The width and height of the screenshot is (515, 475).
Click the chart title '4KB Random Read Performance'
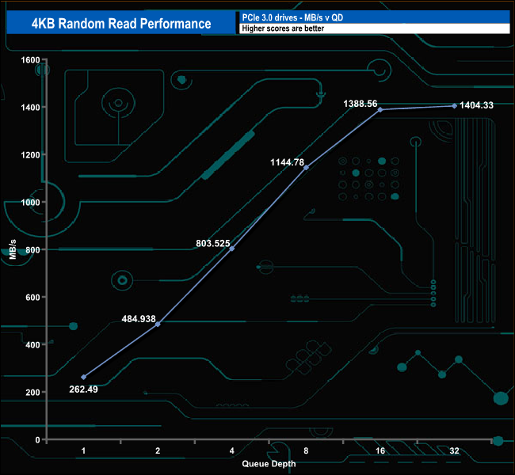coord(121,24)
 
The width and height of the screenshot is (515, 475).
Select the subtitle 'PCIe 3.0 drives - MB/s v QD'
coord(292,17)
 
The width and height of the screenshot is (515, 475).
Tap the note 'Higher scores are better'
coord(283,28)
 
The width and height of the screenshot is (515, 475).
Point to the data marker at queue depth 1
coord(83,377)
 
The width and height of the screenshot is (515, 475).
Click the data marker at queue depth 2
coord(158,324)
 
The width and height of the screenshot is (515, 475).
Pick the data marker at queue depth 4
coord(232,249)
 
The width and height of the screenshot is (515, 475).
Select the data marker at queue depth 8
coord(306,167)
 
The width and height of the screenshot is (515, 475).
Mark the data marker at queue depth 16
coord(380,109)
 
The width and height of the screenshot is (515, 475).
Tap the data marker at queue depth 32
coord(454,106)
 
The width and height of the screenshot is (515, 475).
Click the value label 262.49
coord(83,389)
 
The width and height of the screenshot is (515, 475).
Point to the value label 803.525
coord(213,243)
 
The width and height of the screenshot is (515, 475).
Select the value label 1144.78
coord(287,162)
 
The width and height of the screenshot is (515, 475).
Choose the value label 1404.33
coord(476,105)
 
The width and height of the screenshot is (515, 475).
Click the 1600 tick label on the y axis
coord(30,59)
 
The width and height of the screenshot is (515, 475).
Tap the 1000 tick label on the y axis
coord(30,202)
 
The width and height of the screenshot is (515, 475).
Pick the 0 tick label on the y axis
coord(37,439)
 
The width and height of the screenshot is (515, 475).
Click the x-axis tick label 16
coord(380,450)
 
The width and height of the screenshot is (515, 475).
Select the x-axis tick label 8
coord(306,450)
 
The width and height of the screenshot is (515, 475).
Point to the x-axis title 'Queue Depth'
coord(269,464)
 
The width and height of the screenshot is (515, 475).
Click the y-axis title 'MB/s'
coord(13,249)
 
